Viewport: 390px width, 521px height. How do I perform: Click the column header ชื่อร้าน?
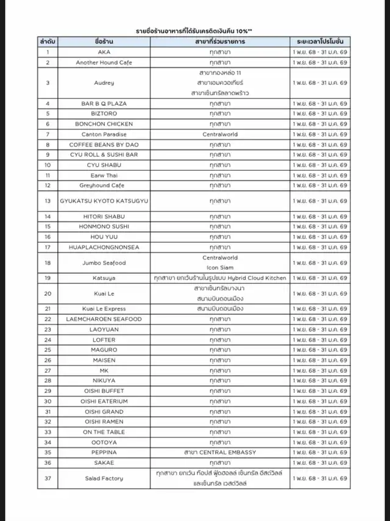(104, 41)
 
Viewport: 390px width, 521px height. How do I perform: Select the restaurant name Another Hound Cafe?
(104, 62)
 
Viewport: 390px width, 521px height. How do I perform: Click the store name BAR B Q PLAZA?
(104, 103)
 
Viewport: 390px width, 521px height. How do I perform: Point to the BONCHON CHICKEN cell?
(104, 124)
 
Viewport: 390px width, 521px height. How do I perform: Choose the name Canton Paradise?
(104, 134)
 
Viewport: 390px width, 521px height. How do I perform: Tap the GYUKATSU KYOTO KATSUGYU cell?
(104, 201)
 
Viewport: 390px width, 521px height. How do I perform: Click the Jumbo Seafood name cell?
(104, 262)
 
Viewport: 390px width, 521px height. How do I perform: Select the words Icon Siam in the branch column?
(219, 268)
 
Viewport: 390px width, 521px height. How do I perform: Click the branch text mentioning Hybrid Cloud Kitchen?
(219, 278)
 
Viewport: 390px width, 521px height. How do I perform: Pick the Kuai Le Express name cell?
(104, 309)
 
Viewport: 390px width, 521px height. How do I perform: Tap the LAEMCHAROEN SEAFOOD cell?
(104, 319)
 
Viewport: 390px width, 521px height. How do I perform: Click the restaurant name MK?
(104, 370)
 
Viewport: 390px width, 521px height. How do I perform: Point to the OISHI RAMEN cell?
(104, 422)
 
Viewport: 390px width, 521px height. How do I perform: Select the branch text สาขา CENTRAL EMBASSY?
(219, 452)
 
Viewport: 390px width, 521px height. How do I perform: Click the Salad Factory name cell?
(104, 478)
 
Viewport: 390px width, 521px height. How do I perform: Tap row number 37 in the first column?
(48, 478)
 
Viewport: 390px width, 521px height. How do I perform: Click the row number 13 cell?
(48, 201)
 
